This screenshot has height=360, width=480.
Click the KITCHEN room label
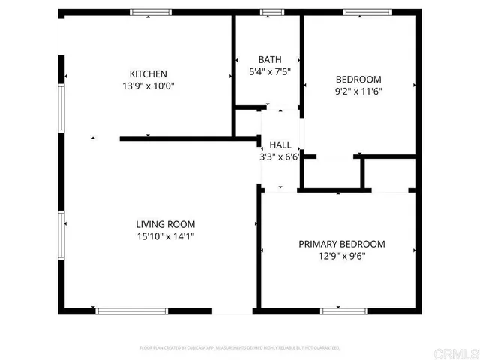(148, 73)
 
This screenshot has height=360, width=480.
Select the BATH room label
(269, 60)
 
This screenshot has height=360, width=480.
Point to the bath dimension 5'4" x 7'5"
(269, 72)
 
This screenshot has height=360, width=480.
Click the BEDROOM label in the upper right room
(358, 79)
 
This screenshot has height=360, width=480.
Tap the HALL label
(280, 145)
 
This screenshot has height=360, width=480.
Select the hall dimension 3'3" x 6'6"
(280, 157)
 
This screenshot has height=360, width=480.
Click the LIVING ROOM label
(166, 224)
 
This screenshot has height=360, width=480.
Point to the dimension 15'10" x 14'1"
(166, 236)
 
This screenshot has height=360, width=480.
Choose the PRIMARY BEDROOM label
(342, 244)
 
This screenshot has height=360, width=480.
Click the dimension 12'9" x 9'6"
(342, 256)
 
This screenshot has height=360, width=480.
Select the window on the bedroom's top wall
(367, 11)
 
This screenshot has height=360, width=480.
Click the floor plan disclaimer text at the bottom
(240, 348)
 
